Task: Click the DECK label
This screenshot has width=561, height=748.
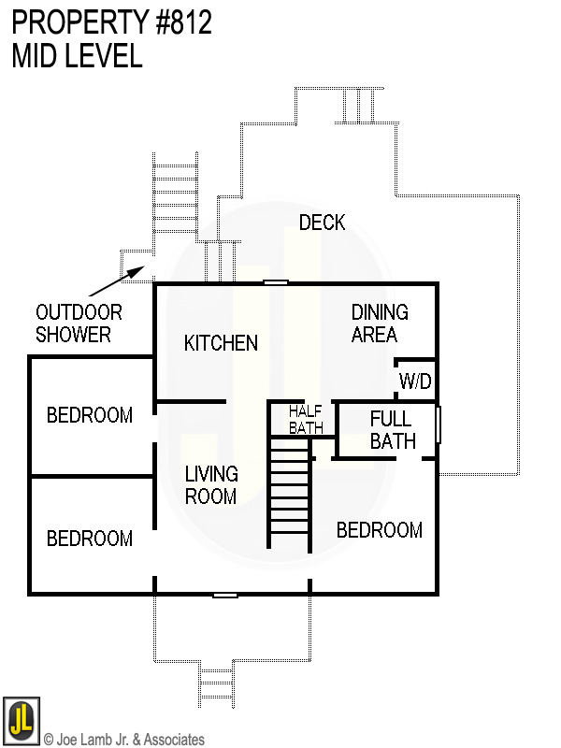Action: click(x=322, y=223)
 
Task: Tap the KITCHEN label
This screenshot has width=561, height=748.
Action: click(x=221, y=343)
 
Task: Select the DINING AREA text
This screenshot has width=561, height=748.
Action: click(x=380, y=324)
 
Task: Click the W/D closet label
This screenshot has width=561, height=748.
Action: click(x=415, y=381)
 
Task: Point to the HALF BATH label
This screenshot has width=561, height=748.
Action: click(x=305, y=419)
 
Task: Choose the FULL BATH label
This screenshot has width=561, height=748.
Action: click(x=392, y=429)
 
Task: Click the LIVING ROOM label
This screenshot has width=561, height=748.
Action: click(x=210, y=485)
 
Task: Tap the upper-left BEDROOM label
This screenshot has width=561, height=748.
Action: click(x=90, y=415)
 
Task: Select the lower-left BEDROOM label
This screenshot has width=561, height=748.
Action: click(x=90, y=539)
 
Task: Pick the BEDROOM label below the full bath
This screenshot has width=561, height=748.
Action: click(x=379, y=530)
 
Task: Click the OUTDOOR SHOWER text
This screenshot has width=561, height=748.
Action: click(x=79, y=324)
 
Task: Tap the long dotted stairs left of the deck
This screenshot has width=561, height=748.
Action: click(x=175, y=200)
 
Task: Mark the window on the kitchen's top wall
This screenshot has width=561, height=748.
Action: click(x=275, y=282)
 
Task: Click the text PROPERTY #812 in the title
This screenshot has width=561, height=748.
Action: click(x=112, y=22)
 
